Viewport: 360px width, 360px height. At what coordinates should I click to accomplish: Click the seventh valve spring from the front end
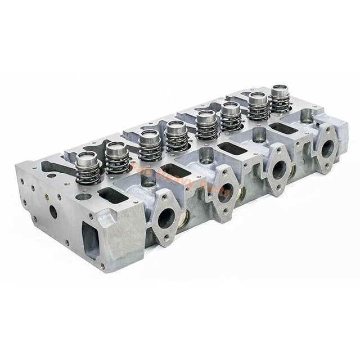(258, 106)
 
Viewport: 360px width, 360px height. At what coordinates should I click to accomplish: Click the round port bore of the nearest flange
(166, 218)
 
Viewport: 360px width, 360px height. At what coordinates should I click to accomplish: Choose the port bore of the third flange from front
(278, 169)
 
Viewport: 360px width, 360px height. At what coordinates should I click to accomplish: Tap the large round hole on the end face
(52, 213)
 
